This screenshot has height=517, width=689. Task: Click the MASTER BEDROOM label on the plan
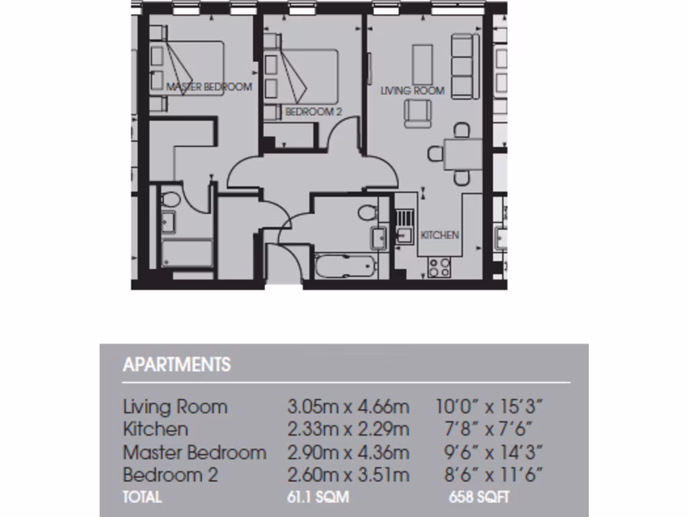[209, 87]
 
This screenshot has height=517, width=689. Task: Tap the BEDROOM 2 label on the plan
[314, 112]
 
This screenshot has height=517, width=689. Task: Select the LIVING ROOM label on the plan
[412, 90]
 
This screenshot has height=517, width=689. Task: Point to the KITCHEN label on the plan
[440, 235]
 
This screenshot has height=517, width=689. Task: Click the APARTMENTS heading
[177, 365]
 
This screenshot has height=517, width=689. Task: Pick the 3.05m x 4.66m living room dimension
[348, 407]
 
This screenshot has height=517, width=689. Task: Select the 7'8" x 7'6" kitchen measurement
[489, 429]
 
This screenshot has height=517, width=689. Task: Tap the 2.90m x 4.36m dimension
[348, 452]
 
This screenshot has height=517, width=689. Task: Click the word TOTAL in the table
[142, 497]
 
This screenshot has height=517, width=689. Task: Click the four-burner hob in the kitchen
[440, 267]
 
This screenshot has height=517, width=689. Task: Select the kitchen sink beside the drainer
[404, 235]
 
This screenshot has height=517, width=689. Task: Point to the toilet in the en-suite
[171, 200]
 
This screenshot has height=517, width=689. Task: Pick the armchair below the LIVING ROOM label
[418, 113]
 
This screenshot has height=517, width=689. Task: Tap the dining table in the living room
[462, 153]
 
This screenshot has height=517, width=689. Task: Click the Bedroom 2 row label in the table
[170, 475]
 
